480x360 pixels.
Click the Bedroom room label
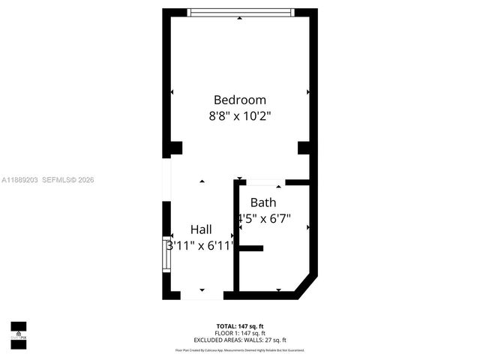(x=239, y=100)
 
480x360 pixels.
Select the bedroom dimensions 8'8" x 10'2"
(x=239, y=116)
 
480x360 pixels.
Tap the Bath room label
(x=262, y=202)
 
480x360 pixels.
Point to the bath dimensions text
(x=263, y=219)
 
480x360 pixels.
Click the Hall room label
(x=200, y=229)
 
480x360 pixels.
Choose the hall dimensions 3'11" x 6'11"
(x=200, y=245)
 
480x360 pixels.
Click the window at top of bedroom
(x=240, y=12)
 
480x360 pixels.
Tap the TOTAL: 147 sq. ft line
(x=239, y=325)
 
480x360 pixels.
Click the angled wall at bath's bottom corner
(x=307, y=287)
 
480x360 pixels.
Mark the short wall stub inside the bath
(x=250, y=247)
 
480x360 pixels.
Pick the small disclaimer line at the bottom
(x=239, y=349)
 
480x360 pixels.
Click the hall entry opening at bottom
(x=202, y=295)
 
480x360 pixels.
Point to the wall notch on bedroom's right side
(x=304, y=148)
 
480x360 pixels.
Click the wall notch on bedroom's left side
(x=174, y=148)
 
